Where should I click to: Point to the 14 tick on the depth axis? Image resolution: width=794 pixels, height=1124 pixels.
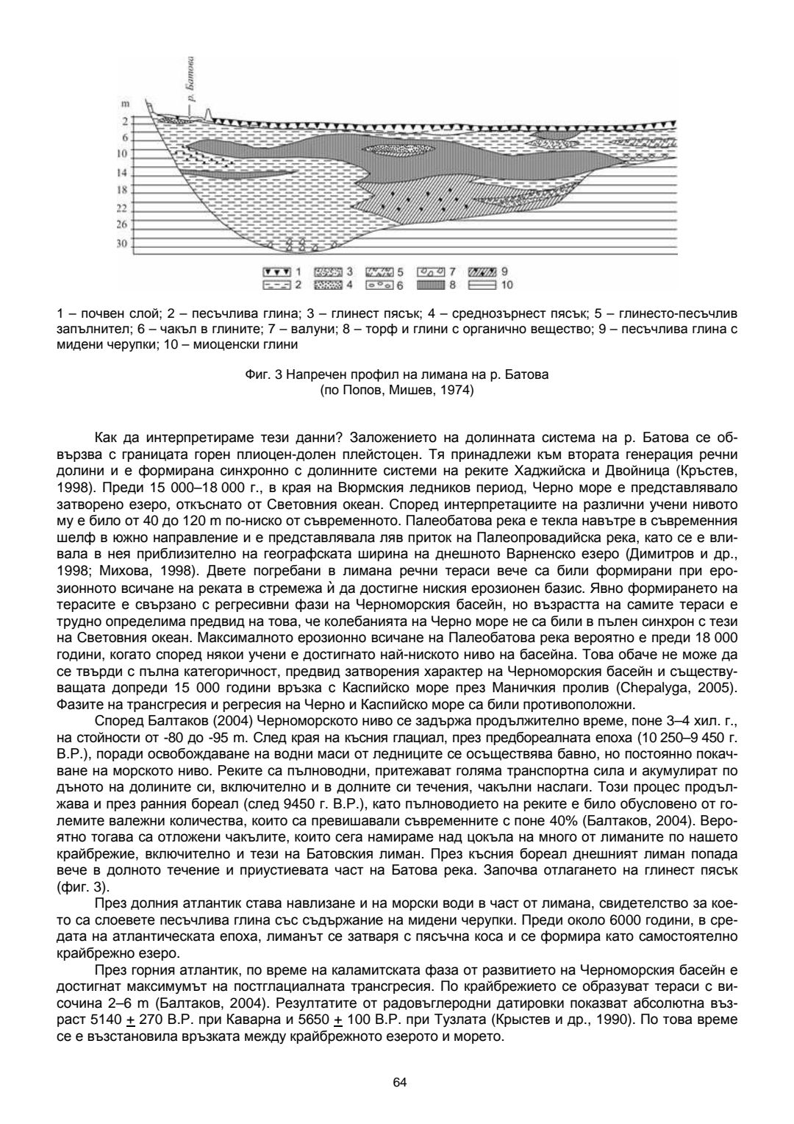click(122, 173)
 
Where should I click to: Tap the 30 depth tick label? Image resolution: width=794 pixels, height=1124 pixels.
click(122, 243)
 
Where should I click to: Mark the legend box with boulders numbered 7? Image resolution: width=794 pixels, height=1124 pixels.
click(430, 271)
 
